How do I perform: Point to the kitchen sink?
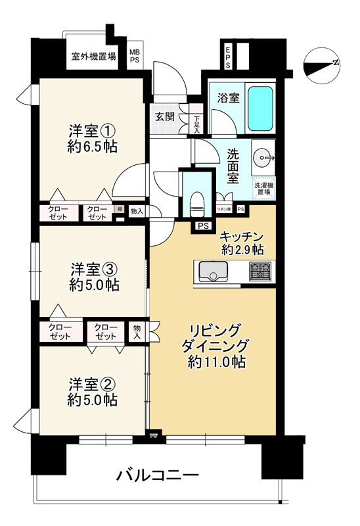(211, 270)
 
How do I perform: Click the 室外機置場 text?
(94, 55)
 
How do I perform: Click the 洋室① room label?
(92, 129)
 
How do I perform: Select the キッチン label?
(241, 236)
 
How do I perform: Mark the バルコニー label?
(158, 473)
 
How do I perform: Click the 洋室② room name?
(91, 383)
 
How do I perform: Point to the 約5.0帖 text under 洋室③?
(91, 284)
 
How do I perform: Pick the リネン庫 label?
(224, 209)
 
